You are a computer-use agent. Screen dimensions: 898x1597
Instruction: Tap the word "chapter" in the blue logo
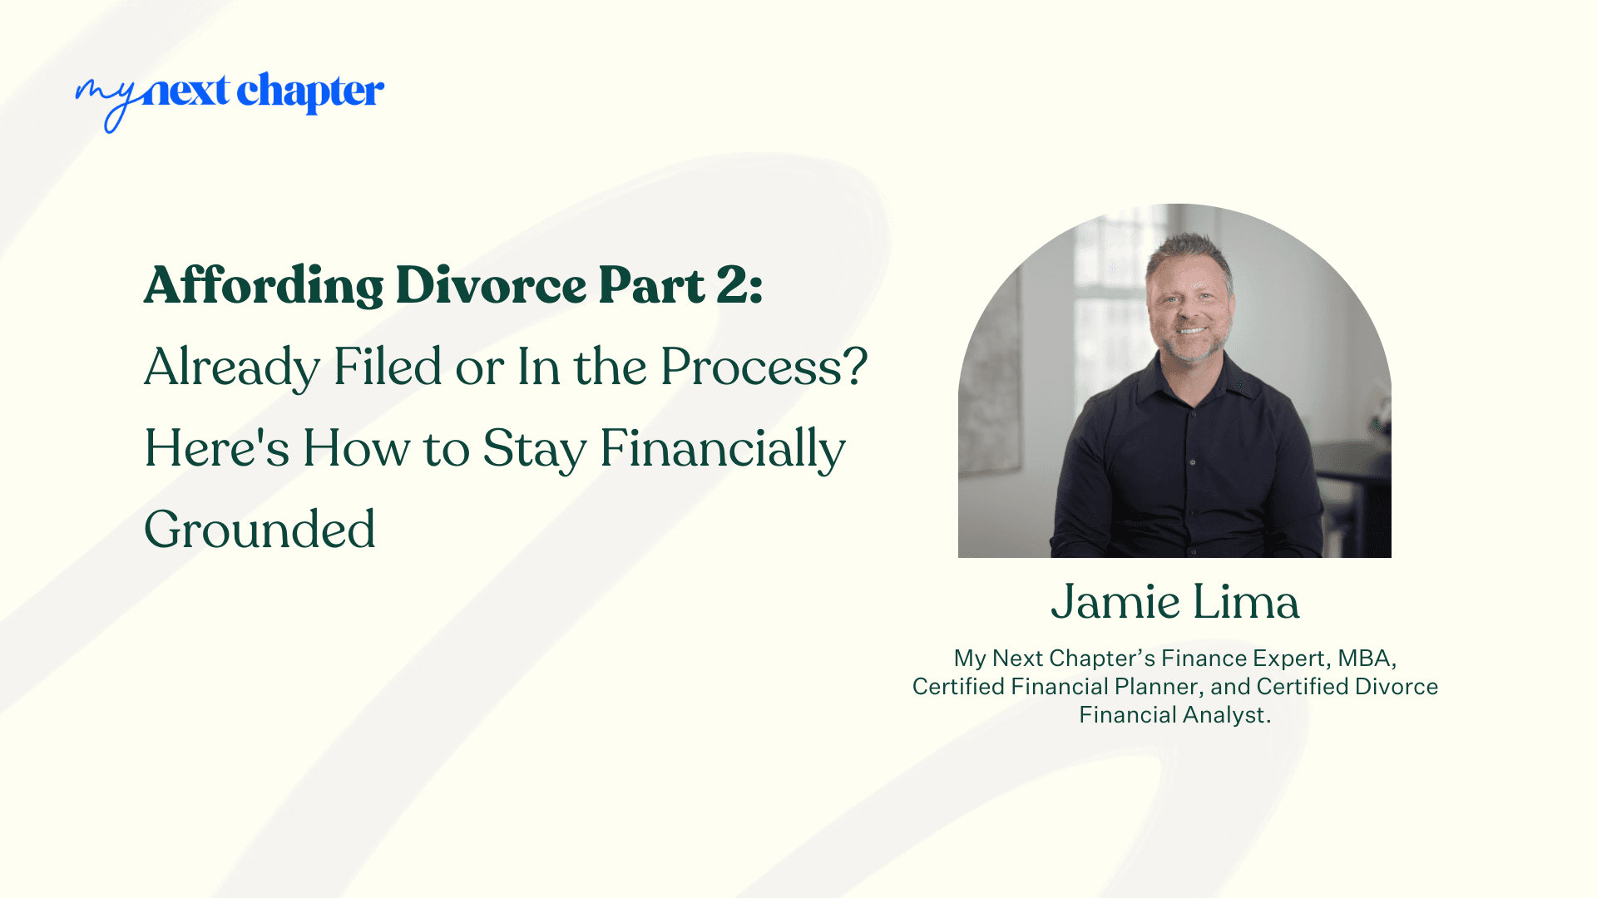[310, 91]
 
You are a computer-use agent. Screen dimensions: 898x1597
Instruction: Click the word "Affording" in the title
[264, 285]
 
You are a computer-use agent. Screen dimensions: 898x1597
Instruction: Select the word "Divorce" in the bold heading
[491, 285]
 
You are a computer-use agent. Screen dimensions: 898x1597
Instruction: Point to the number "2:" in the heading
[739, 285]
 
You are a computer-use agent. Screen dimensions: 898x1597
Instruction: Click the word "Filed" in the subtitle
[388, 366]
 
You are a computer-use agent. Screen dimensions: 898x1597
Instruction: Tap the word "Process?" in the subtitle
[764, 366]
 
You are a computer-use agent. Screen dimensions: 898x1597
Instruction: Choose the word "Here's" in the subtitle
[216, 447]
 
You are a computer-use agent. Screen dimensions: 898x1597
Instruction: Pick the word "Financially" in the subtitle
[722, 449]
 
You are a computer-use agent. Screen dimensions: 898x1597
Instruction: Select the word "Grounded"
[260, 529]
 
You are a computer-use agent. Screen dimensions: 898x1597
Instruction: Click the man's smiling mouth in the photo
[1191, 330]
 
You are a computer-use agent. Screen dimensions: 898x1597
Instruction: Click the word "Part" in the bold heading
[651, 285]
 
